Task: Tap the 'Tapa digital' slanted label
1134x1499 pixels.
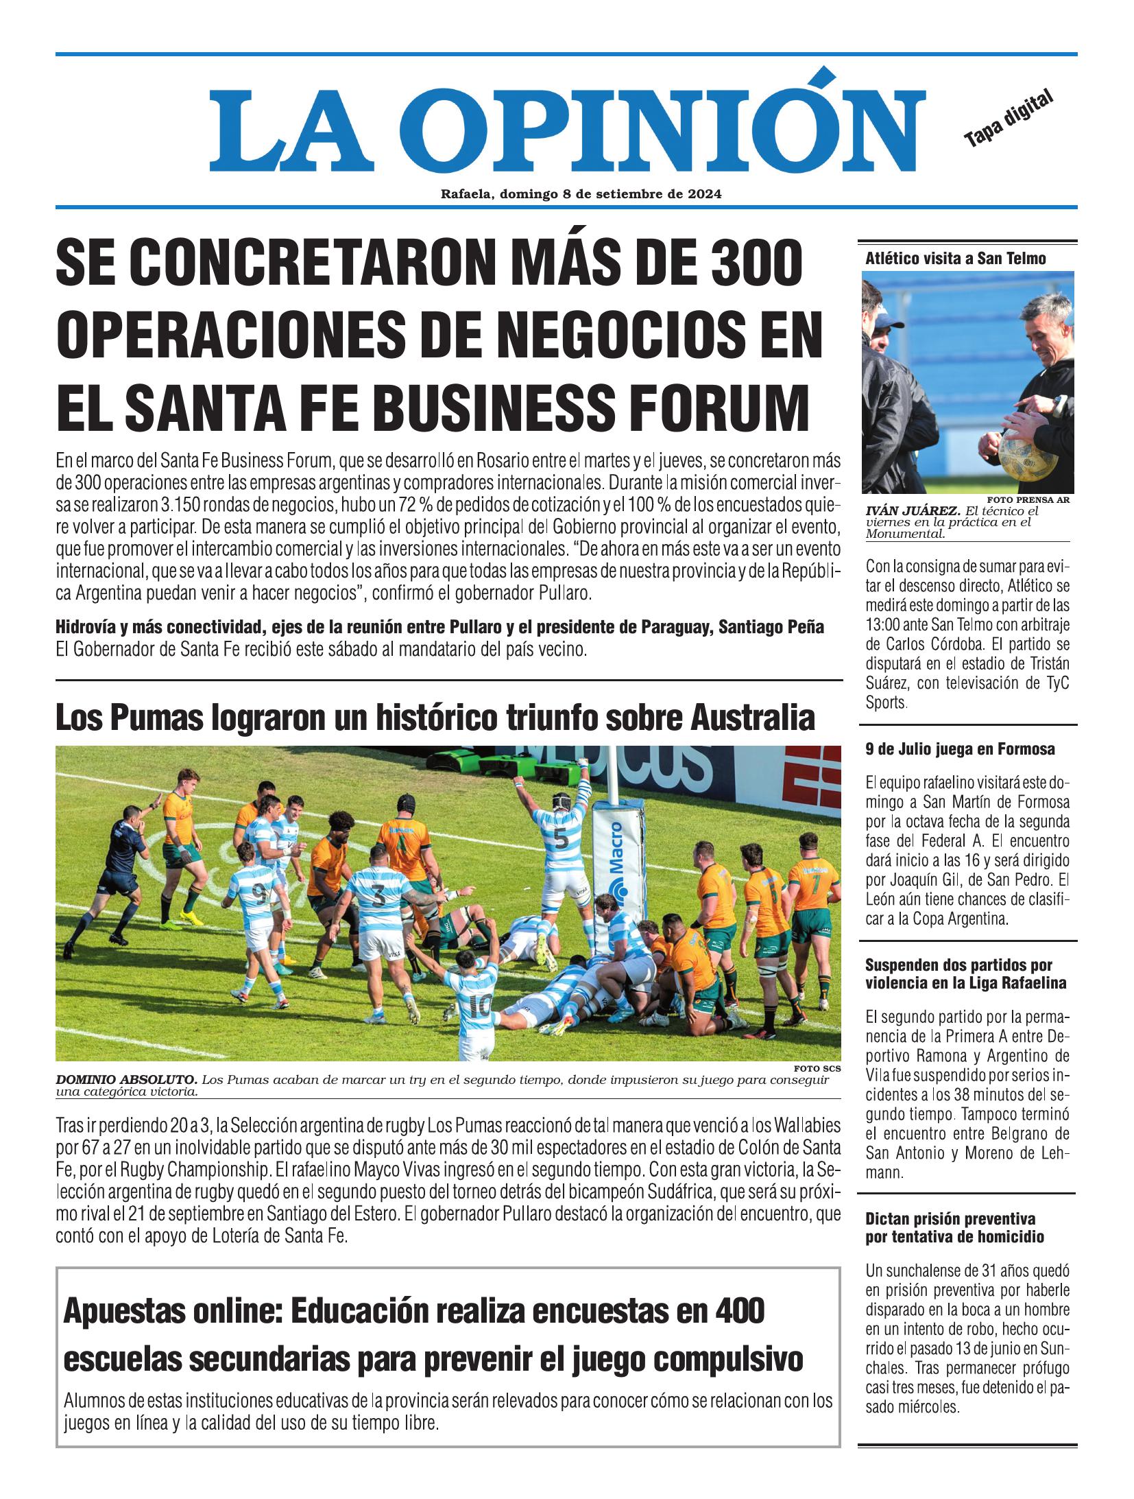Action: pyautogui.click(x=1007, y=119)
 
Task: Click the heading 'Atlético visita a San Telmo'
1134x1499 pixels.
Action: pyautogui.click(x=956, y=259)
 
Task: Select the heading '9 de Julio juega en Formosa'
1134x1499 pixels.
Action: pyautogui.click(x=960, y=749)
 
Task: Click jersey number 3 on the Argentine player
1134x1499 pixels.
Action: pyautogui.click(x=377, y=895)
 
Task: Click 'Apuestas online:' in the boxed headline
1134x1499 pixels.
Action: pyautogui.click(x=171, y=1312)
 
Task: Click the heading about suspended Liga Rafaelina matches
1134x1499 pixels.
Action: pyautogui.click(x=965, y=974)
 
